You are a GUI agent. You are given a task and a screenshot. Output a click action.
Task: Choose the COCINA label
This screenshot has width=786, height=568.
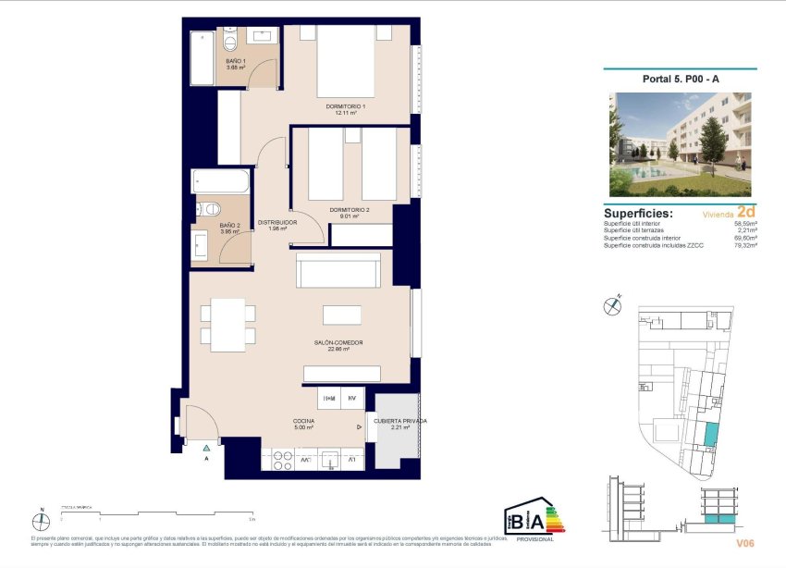303,424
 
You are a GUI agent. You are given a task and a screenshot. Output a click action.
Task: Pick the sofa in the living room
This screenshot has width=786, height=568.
338,271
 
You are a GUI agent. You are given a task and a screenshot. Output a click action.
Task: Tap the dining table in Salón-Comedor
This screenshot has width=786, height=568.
227,325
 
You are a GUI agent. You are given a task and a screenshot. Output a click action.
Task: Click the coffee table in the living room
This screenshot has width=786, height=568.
341,315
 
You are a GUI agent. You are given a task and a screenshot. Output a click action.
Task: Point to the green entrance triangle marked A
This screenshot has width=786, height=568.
206,449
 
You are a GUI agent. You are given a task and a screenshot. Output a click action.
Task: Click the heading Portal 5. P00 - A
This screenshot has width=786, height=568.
681,80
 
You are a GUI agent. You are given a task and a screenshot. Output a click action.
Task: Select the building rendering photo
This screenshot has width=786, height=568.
680,144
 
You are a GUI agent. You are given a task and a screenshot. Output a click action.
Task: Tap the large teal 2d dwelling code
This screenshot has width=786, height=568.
747,212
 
